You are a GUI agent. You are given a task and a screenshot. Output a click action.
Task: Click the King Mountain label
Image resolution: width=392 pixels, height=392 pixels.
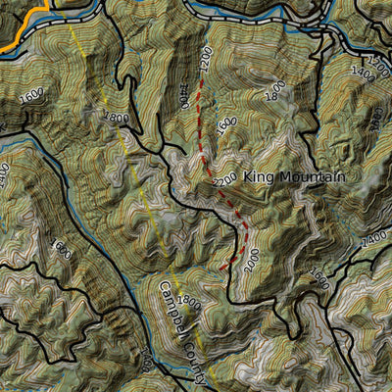click(294, 177)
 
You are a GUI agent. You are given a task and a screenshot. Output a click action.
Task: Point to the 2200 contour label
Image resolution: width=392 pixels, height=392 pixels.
click(223, 180)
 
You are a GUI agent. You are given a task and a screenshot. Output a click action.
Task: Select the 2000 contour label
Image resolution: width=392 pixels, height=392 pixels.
click(183, 95)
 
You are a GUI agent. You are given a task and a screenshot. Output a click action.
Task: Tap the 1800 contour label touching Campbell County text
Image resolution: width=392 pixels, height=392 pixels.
click(188, 304)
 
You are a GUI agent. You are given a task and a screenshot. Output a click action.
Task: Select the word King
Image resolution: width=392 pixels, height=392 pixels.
click(258, 177)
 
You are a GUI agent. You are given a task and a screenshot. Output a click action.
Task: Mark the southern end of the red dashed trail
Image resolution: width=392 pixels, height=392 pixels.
click(223, 268)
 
